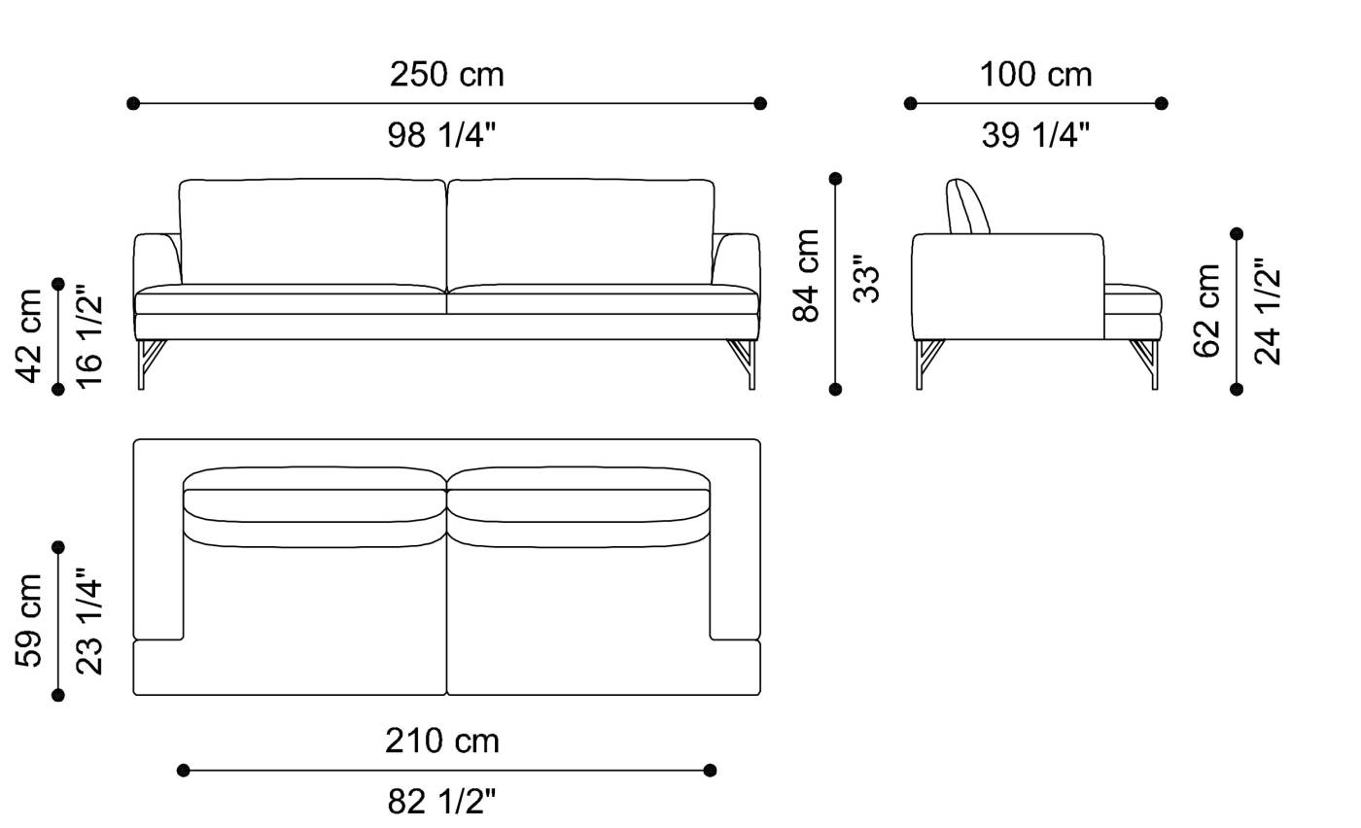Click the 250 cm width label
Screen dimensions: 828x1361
coord(446,75)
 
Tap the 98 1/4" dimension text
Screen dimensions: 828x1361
coord(441,135)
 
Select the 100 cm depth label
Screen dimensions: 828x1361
coord(1035,75)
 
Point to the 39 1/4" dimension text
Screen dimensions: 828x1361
coord(1035,135)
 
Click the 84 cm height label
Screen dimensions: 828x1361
coord(807,275)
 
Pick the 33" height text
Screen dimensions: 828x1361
coord(865,279)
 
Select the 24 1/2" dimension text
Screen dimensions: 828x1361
coord(1267,310)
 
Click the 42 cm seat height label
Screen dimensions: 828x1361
coord(29,335)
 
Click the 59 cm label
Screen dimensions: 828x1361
coord(29,620)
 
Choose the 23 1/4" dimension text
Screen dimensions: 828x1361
coord(88,621)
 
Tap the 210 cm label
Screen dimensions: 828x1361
coord(442,742)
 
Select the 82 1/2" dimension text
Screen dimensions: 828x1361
coord(441,802)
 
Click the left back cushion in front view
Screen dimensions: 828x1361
coord(312,231)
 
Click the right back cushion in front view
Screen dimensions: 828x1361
coord(580,231)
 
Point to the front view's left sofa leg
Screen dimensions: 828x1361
coord(147,362)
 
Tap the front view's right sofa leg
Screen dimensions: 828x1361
coord(746,362)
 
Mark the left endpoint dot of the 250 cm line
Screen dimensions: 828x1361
coord(133,103)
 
